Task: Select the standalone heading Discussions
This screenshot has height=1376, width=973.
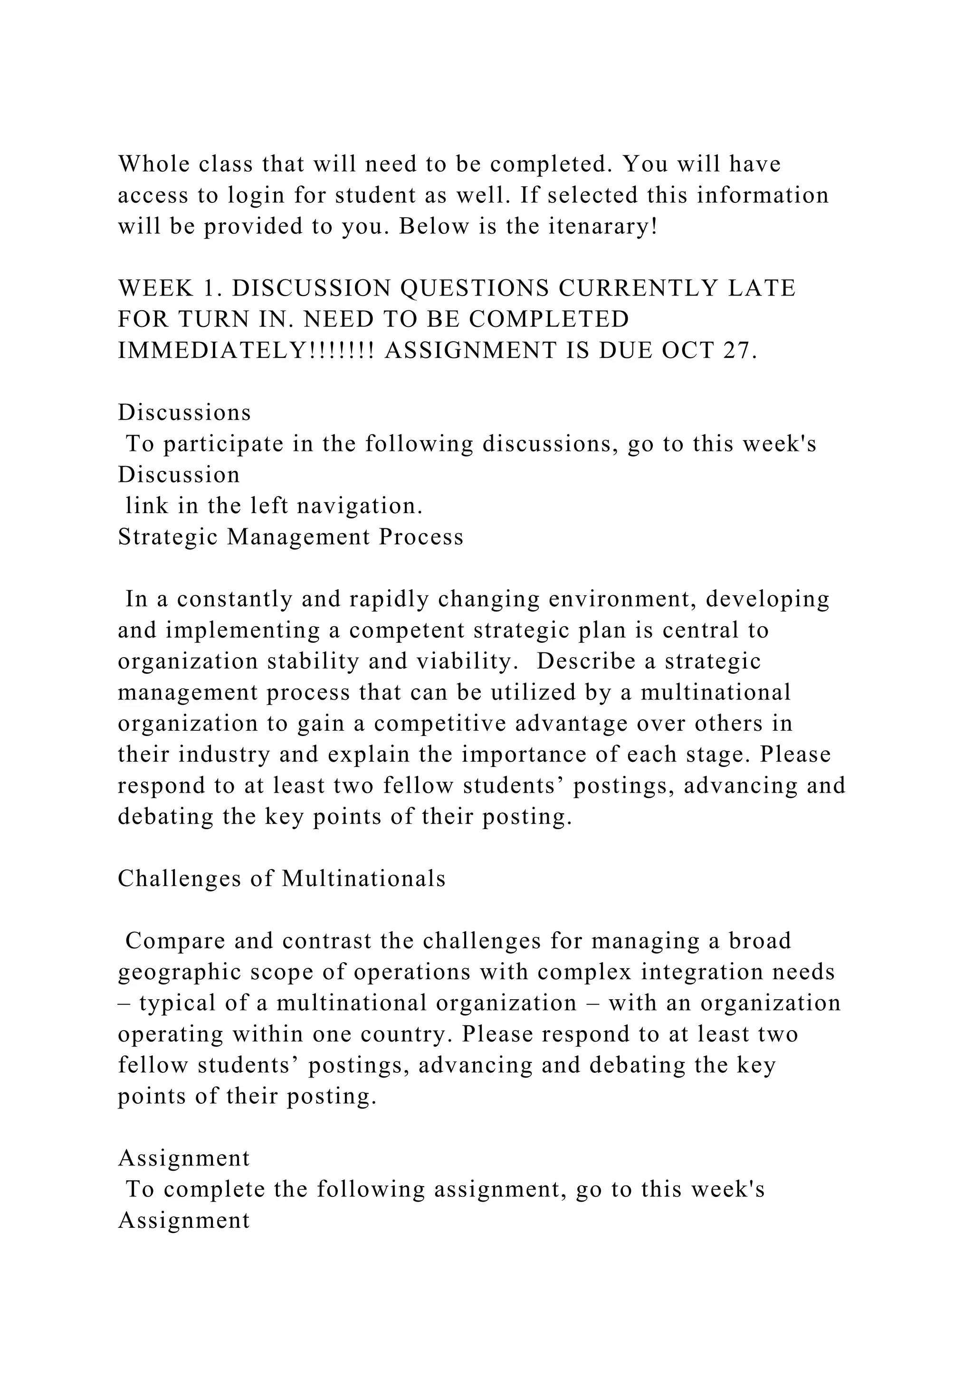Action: [184, 412]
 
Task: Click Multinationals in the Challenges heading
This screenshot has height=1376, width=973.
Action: [363, 879]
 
